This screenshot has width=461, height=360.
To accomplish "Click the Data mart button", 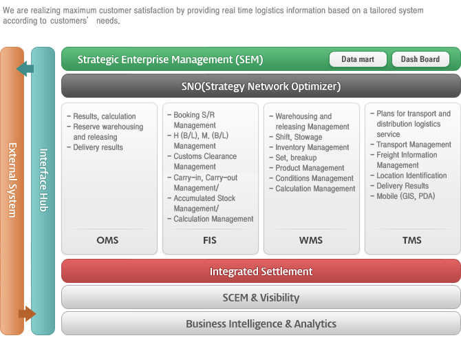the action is (x=358, y=59).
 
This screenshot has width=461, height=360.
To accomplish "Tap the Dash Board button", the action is (x=420, y=59).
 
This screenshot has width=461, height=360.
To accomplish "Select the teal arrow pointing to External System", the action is (x=25, y=69).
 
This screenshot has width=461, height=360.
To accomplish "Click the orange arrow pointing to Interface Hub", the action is (x=27, y=313).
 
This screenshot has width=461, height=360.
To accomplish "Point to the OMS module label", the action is (x=107, y=240).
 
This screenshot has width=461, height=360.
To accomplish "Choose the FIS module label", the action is (x=210, y=240).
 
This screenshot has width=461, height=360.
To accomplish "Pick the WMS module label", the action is (x=311, y=240).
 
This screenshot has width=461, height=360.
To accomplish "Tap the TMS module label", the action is (x=412, y=240).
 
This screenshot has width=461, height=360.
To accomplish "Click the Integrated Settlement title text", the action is (x=261, y=271).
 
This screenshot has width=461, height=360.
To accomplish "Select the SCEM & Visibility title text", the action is (x=261, y=297).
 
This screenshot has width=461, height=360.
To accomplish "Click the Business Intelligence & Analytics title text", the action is (x=261, y=324).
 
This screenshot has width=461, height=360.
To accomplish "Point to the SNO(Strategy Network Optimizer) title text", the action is (x=261, y=86).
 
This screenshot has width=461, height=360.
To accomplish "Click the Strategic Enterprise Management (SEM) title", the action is (x=170, y=59).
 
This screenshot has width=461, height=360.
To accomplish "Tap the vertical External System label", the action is (x=12, y=180).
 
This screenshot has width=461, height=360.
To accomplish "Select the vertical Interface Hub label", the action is (x=43, y=180).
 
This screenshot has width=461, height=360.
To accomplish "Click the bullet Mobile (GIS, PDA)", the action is (x=403, y=196).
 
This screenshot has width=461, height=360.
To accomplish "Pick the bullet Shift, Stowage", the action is (x=296, y=137).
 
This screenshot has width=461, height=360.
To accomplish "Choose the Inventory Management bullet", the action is (x=309, y=147).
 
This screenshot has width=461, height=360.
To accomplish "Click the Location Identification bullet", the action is (x=409, y=176).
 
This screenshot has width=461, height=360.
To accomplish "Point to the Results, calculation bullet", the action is (x=101, y=116).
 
